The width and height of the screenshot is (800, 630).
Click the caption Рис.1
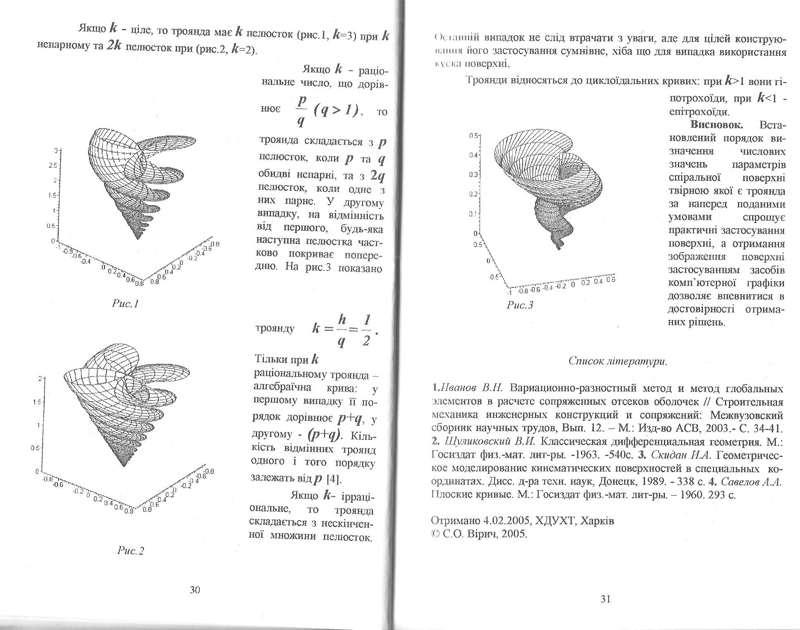click(x=125, y=304)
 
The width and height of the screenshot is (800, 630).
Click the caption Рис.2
click(x=130, y=551)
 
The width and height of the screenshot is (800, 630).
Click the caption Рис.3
click(x=520, y=305)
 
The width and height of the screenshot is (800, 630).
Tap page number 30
click(x=195, y=590)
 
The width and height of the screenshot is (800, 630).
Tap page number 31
click(x=605, y=599)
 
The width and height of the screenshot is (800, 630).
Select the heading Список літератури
click(x=618, y=361)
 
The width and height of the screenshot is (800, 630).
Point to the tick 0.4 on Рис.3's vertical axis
click(x=473, y=155)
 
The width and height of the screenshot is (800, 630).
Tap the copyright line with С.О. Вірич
click(x=479, y=534)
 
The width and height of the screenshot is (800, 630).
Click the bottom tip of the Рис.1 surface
click(x=138, y=239)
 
